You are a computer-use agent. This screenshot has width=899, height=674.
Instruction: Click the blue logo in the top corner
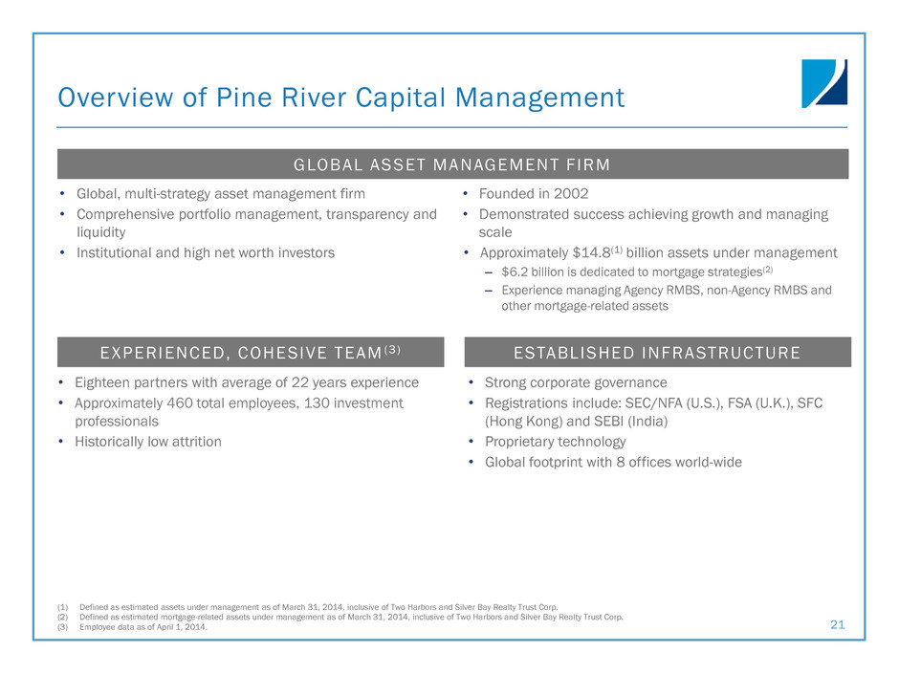823,83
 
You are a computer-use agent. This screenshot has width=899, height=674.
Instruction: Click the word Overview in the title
115,97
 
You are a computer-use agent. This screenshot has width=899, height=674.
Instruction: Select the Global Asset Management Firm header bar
452,164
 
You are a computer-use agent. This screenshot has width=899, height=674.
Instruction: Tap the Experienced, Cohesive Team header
251,352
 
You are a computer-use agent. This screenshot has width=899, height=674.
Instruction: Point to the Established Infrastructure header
658,352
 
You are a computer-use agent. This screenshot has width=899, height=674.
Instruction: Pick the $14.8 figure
591,252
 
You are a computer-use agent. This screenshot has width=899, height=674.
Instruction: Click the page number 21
838,624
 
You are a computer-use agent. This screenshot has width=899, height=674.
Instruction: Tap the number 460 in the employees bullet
180,402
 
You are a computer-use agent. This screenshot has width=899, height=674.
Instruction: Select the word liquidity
101,232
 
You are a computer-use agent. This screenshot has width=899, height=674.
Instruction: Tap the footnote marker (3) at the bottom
62,627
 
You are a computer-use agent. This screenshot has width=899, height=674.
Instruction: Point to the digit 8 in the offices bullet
621,462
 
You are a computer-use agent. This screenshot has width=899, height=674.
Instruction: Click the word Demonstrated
523,214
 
